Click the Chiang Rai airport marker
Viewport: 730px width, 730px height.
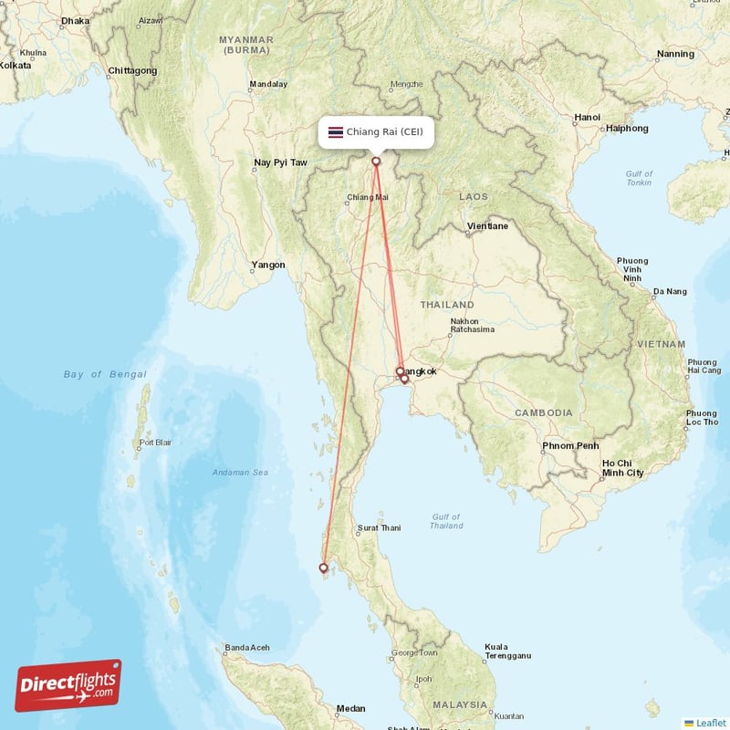tap(376, 162)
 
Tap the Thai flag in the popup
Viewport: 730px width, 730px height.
tap(336, 132)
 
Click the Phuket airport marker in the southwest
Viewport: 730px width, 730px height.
tap(323, 568)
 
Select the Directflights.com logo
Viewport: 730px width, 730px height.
tap(68, 685)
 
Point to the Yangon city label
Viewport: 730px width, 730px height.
tap(268, 266)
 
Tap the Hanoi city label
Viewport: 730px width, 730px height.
tap(587, 118)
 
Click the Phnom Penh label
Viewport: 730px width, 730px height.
tap(570, 446)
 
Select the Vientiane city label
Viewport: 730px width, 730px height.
tap(486, 225)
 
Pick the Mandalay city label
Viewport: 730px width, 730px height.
tap(268, 85)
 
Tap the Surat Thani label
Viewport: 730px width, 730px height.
tap(379, 527)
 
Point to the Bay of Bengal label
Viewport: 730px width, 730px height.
tap(105, 374)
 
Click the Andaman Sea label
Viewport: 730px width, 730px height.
tap(240, 472)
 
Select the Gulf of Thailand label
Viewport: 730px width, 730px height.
tap(446, 520)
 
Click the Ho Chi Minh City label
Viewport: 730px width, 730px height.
tap(622, 468)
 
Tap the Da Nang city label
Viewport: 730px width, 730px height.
tap(669, 292)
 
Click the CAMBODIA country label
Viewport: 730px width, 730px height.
tap(543, 412)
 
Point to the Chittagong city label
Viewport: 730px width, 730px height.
tap(132, 70)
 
